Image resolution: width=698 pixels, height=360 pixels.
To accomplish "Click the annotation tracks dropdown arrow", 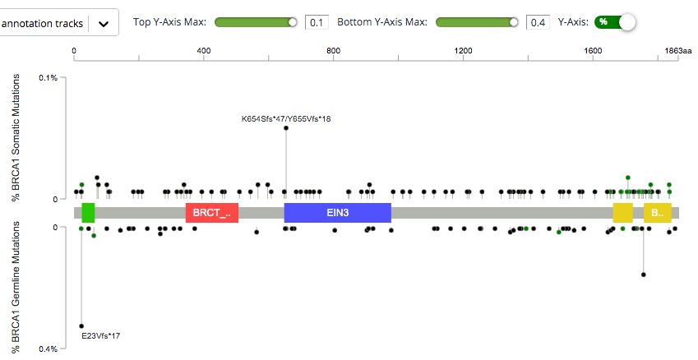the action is coord(104,24).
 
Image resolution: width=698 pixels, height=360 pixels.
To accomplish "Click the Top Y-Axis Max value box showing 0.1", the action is coord(317,22).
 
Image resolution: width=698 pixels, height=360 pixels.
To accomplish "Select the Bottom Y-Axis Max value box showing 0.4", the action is coord(538,22).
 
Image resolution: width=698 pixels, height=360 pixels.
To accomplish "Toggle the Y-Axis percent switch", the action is coord(616,22).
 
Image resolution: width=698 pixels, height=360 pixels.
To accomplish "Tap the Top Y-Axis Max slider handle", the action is coord(292,22).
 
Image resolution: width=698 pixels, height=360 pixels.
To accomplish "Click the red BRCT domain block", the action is coord(212,214).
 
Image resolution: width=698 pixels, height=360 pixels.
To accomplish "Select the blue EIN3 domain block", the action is coord(337,213).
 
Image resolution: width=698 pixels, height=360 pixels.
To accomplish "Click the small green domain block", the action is coord(88,213).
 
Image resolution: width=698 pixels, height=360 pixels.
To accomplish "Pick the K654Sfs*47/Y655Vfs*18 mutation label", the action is coord(286,119).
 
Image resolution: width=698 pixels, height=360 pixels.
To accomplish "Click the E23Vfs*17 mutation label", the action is coord(100,335).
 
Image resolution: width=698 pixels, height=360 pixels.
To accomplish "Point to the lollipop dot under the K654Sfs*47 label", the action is coord(286,128).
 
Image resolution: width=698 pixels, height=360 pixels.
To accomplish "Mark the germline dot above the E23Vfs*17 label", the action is coord(81,325).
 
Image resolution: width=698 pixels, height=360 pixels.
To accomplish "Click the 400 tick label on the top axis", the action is coord(204,51).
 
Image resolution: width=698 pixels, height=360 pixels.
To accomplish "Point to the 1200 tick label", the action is coord(463,51).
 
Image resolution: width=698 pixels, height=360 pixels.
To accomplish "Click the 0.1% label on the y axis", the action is coord(48,78).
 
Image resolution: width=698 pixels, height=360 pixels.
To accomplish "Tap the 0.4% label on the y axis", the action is coord(48,348).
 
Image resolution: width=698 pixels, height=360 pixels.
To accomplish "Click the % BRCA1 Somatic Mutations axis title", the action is coord(16,136).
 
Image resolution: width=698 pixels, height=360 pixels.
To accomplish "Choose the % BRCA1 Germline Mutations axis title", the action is coord(16,284).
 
